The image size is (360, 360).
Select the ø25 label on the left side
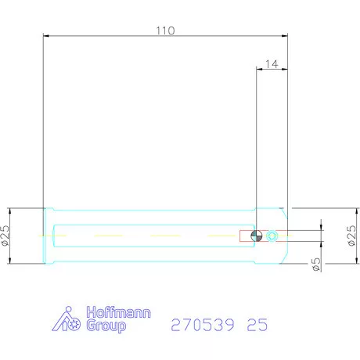tap(6, 236)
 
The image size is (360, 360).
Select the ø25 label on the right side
tap(351, 236)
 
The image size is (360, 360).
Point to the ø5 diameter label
tap(315, 264)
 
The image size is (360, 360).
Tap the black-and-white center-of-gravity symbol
tap(257, 236)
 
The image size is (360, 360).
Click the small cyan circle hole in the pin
tap(272, 236)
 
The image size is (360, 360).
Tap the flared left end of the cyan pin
tap(49, 236)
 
